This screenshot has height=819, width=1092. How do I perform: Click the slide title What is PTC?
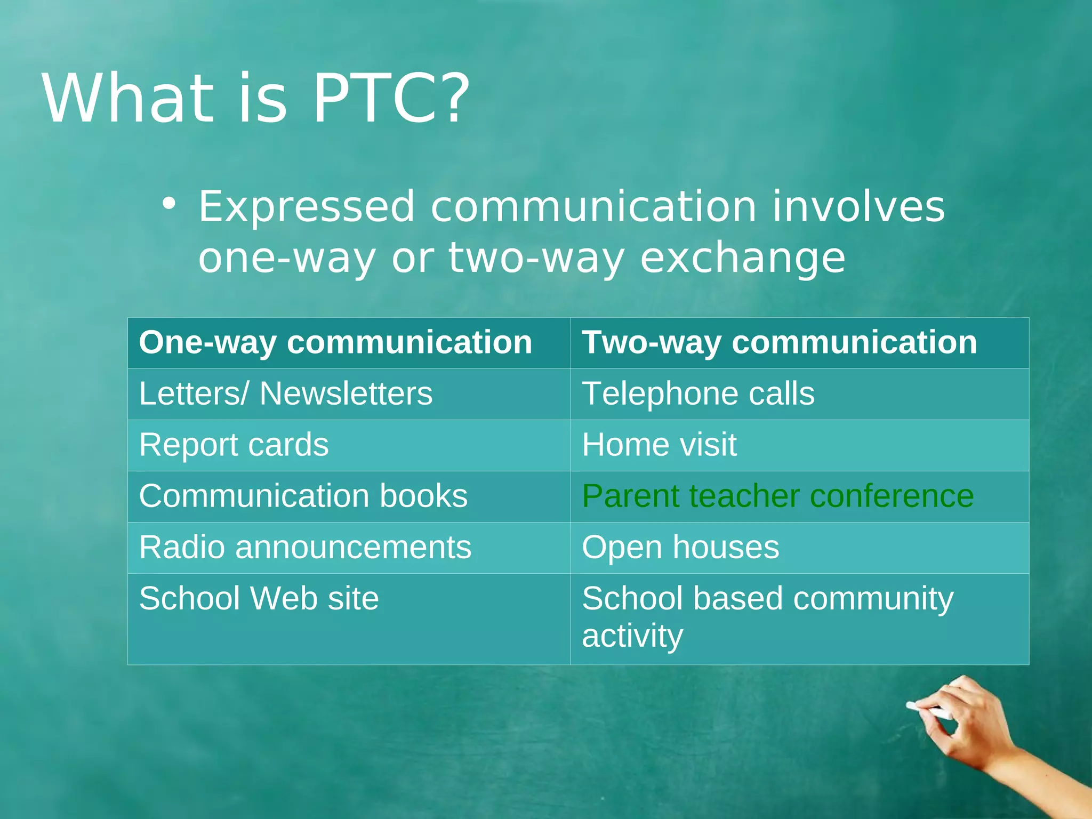coord(256,99)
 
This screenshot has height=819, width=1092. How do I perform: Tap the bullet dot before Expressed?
coord(169,204)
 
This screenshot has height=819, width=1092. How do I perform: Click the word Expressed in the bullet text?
coord(307,207)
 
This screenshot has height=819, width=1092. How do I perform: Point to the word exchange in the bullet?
coord(742,259)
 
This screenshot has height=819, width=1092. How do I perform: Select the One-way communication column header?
coord(335,342)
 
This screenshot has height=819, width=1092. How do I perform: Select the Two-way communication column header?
coord(779,342)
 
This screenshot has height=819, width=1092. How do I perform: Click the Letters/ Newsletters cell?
coord(286,394)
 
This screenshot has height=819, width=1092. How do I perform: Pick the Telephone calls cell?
coord(698,394)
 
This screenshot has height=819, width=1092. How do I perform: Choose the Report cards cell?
coord(234,445)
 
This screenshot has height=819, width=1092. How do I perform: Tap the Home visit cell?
coord(659,445)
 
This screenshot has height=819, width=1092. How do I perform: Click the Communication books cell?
coord(303,496)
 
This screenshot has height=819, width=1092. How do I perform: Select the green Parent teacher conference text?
coord(777,496)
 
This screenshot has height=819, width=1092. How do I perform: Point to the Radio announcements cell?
coord(305,547)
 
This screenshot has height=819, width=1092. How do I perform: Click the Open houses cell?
coord(680,547)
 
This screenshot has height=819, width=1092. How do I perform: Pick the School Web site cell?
coord(259,598)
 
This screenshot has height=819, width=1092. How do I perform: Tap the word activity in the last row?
coord(632,636)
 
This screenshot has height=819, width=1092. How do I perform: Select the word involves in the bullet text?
coord(858,207)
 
